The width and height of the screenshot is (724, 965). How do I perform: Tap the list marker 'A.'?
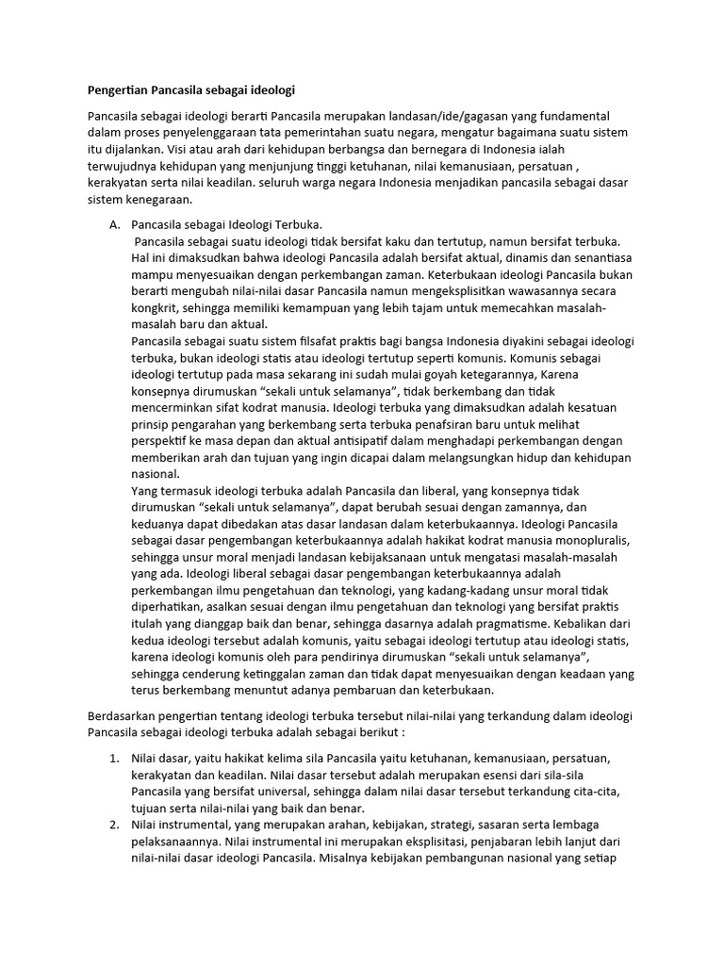(116, 225)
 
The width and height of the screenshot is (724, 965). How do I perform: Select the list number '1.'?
(115, 758)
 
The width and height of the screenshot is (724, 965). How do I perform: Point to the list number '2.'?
(115, 826)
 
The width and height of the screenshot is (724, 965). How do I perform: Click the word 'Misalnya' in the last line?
(347, 859)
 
